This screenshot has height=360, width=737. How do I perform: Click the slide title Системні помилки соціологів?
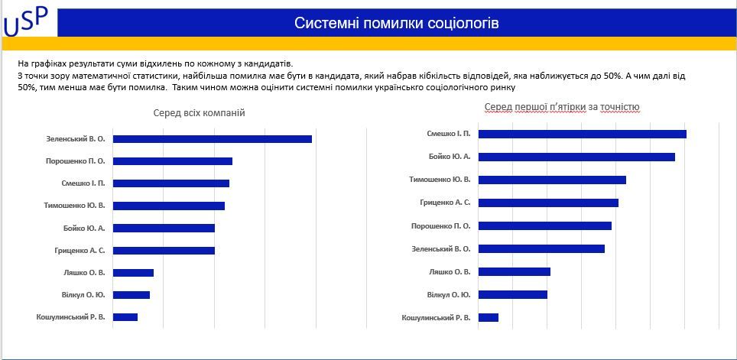396,23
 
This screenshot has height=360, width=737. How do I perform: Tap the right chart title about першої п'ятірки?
562,106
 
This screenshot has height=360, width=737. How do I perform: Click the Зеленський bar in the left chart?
213,139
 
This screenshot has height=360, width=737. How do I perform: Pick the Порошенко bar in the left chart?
173,161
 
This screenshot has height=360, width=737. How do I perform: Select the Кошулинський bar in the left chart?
125,316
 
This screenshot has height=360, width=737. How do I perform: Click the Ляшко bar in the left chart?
133,272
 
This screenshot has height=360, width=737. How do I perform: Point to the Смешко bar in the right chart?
583,134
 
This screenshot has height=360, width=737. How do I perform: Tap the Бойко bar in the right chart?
576,157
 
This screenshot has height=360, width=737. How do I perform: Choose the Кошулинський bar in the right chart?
489,317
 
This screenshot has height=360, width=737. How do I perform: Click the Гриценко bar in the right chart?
548,203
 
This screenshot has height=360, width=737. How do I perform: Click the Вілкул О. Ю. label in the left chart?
83,294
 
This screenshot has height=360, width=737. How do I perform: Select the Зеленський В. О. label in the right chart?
440,248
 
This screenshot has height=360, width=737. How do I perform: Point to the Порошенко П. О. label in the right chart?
440,225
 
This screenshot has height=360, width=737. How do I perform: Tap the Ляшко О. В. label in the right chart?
449,271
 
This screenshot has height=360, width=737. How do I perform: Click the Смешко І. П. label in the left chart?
83,183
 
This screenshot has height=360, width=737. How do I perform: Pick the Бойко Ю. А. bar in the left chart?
164,228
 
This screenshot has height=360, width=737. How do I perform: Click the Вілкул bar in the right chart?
513,294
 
